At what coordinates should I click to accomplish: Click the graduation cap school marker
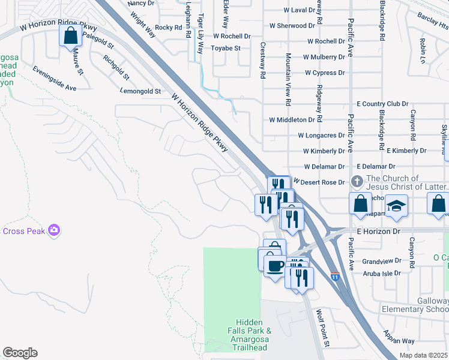(396, 205)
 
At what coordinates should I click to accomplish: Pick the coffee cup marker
(276, 265)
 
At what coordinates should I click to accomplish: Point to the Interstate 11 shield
(335, 277)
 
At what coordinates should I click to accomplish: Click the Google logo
(20, 353)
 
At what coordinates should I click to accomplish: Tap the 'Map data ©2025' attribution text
(423, 355)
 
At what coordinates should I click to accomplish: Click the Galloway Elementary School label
(415, 305)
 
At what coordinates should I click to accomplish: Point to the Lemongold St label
(140, 92)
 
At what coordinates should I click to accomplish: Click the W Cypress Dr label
(325, 73)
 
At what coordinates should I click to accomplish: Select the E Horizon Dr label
(378, 231)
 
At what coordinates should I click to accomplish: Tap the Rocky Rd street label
(168, 28)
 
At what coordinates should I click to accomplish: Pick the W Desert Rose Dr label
(319, 182)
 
